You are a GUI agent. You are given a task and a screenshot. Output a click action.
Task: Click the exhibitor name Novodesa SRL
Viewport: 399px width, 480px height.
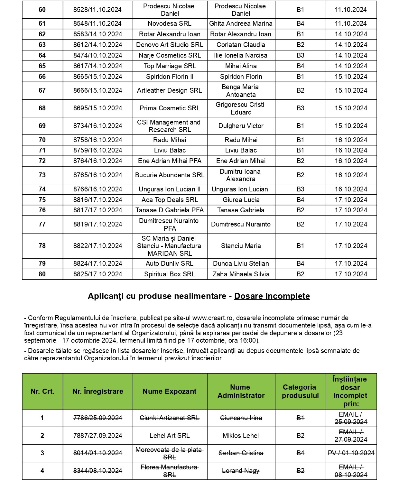coord(170,23)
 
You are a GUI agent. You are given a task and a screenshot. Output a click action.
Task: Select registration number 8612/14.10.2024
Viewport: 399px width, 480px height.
coord(98,45)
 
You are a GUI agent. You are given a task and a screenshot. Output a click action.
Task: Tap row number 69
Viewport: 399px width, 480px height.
coord(42,126)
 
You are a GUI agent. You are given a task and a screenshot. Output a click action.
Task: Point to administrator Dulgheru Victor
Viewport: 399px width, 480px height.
coord(241,126)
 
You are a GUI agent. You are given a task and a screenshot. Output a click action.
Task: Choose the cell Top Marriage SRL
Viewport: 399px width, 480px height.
coord(170,66)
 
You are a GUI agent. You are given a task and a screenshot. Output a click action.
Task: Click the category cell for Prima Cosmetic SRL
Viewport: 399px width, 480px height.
coord(300,108)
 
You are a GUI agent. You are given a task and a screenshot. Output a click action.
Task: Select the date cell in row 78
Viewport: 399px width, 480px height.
coord(351,246)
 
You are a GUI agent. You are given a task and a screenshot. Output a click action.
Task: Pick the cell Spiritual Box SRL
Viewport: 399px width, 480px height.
coord(170,274)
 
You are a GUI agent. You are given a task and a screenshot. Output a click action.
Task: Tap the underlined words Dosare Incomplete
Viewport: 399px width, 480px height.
coord(272,296)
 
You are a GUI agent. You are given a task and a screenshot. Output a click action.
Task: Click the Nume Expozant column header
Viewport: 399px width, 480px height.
coord(170,391)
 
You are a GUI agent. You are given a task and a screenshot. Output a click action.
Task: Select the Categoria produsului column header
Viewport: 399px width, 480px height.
coord(300,391)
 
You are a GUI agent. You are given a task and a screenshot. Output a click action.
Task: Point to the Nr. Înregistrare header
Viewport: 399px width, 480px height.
coord(98,391)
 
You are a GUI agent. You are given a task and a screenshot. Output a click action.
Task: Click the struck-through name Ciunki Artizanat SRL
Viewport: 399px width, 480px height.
coord(170,418)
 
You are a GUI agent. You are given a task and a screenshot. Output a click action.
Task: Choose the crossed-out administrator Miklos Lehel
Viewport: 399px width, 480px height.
coord(241,436)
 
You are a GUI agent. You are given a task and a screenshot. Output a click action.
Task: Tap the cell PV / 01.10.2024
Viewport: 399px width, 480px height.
coord(351,453)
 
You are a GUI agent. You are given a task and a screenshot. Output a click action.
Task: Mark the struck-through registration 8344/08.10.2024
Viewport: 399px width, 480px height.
coord(98,471)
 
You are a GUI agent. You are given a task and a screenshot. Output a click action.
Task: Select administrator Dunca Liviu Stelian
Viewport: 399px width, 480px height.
coord(241,263)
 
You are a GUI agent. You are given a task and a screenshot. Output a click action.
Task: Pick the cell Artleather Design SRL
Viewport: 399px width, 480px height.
coord(170,90)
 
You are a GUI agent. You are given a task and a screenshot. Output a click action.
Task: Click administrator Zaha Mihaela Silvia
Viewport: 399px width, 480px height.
coord(241,274)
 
